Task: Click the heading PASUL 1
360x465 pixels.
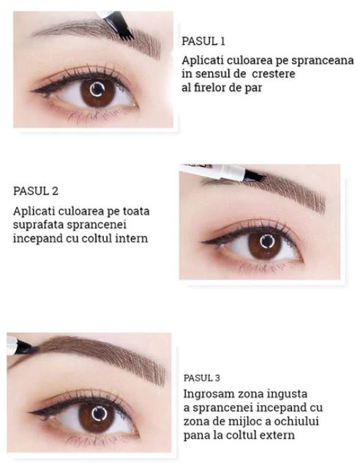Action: (x=203, y=41)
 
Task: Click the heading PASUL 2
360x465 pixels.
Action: (x=36, y=191)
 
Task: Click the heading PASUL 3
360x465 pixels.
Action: (x=202, y=378)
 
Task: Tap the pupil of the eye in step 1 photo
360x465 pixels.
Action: (x=97, y=90)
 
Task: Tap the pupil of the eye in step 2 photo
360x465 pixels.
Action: (x=267, y=242)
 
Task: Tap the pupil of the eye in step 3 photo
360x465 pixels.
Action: (x=99, y=414)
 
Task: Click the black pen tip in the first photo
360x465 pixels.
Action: (x=121, y=26)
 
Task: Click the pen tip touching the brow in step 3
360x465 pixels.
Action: (x=27, y=347)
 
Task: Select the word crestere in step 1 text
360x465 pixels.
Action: (x=273, y=74)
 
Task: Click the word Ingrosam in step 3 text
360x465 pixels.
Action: (x=207, y=395)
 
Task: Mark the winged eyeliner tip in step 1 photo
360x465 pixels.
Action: (x=32, y=91)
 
